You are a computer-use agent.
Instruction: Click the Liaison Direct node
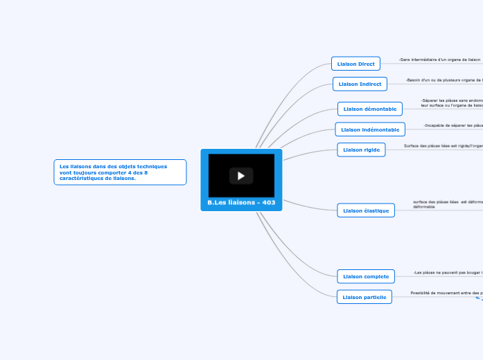355,64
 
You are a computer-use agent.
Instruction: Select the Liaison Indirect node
360,84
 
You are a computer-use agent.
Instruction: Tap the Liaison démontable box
370,109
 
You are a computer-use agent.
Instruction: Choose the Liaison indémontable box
370,129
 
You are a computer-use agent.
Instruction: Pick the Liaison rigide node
361,150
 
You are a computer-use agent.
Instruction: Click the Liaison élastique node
366,210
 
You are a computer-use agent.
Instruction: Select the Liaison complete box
366,276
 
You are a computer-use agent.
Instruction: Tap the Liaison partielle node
365,296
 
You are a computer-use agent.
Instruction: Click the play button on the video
241,176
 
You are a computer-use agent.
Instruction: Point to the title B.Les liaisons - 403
241,203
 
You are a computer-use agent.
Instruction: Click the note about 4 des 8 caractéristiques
120,172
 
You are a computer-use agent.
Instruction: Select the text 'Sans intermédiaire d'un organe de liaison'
439,60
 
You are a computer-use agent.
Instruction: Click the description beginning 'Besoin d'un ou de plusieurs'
444,80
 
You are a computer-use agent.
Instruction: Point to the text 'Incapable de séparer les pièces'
453,125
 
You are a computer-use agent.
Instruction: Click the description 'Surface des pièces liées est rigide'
443,146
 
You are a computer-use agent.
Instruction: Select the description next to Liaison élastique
447,204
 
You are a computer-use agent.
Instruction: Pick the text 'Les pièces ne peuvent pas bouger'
448,273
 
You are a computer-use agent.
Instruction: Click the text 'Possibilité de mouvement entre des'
446,293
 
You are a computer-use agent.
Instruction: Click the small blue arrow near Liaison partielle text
477,298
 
